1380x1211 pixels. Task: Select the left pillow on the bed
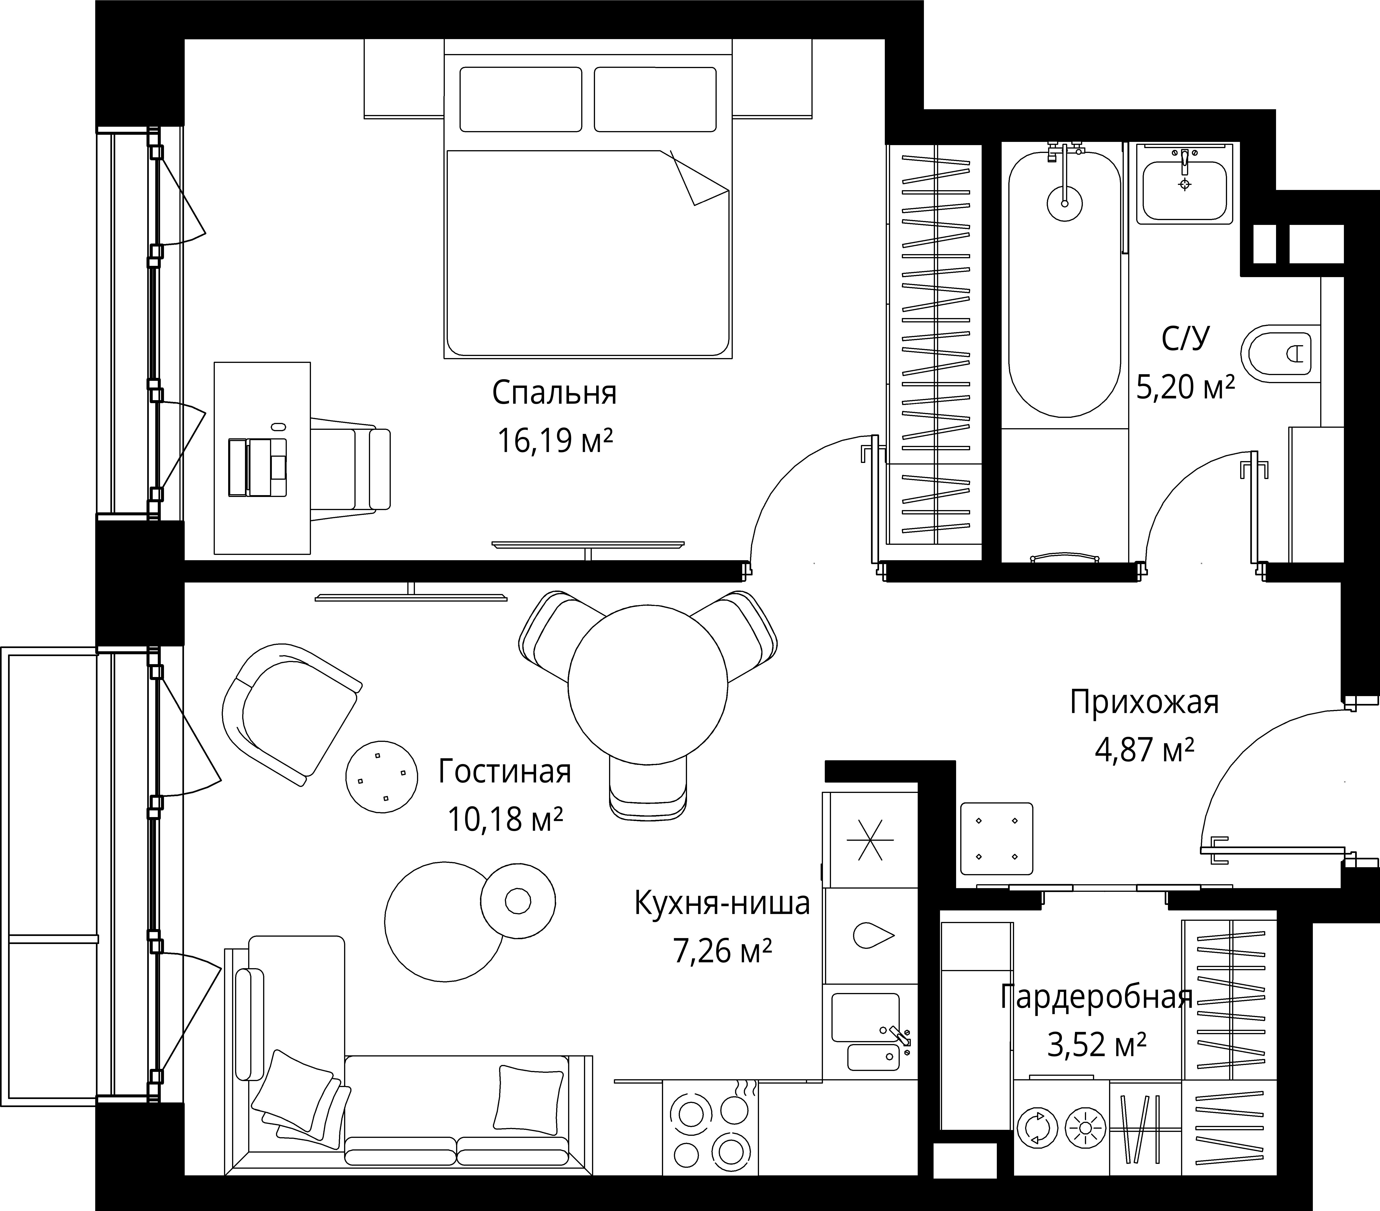[x=520, y=99]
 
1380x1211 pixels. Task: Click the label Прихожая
[x=1144, y=703]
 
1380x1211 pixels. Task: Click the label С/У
[x=1186, y=339]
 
